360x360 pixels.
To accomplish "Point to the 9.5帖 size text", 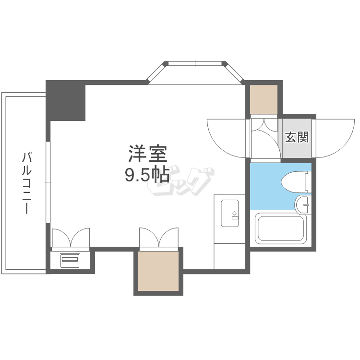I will [x=147, y=175].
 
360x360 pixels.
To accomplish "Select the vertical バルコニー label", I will [x=27, y=182].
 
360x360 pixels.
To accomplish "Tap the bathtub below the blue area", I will [x=281, y=228].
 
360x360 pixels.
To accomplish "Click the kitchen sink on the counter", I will [x=229, y=213].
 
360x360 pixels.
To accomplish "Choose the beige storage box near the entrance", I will [x=264, y=99].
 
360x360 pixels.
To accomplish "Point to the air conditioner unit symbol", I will [x=70, y=260].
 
